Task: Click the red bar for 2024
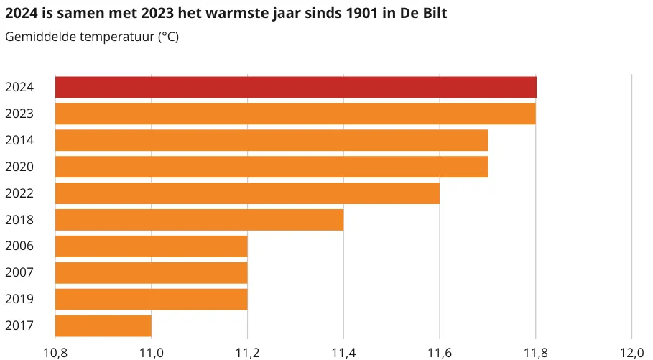point(295,87)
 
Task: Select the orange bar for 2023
point(295,114)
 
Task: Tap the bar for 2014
point(272,140)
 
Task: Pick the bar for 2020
point(272,167)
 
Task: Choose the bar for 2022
point(247,193)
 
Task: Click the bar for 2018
point(199,220)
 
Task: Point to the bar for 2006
point(151,246)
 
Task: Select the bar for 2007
point(151,273)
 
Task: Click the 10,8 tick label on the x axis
point(55,352)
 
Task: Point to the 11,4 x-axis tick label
point(343,352)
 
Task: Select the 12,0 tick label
point(631,352)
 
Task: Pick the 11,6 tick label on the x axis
point(440,352)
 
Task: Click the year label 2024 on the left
point(20,87)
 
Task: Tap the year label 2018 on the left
point(20,220)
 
